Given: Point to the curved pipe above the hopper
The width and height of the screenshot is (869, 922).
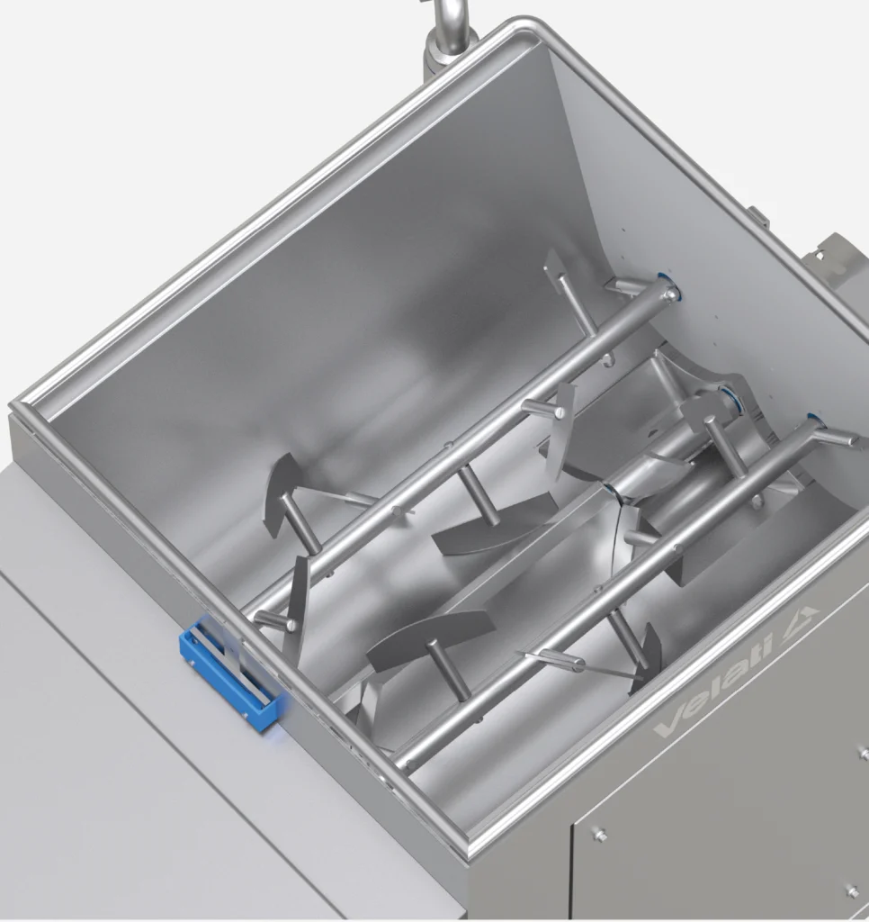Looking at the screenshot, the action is (450, 30).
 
